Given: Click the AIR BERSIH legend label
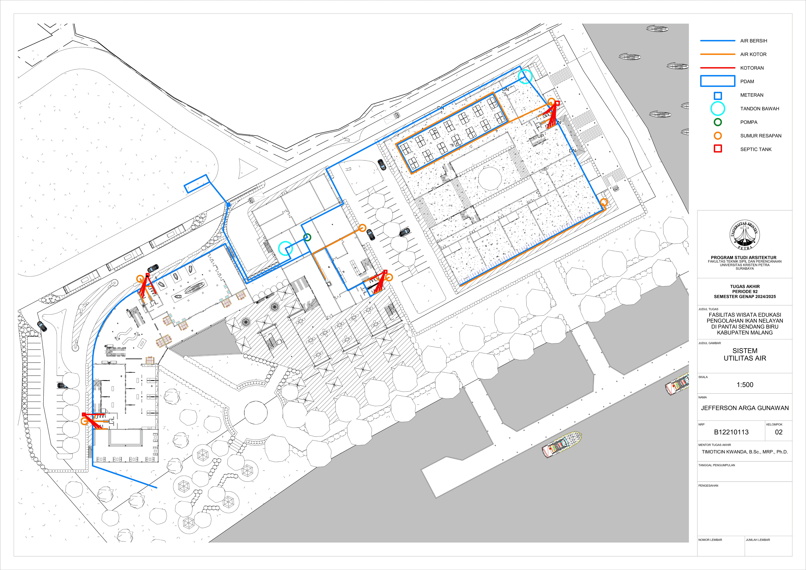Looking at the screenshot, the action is (754, 41).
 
